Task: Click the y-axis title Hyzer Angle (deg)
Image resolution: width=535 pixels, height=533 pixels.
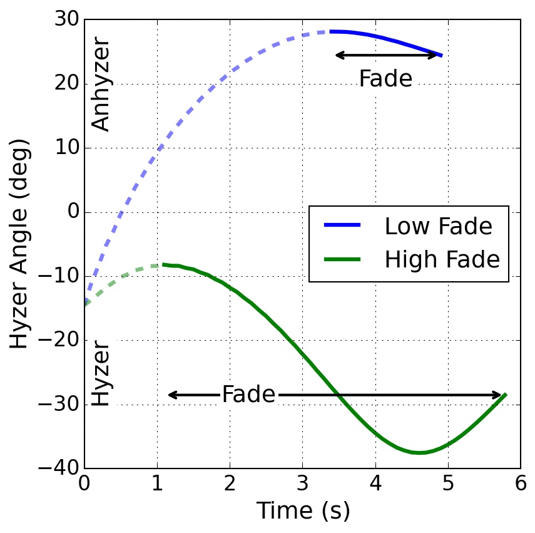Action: click(20, 244)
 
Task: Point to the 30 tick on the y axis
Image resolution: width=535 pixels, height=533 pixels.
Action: click(67, 20)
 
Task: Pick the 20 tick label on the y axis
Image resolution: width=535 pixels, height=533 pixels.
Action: click(67, 84)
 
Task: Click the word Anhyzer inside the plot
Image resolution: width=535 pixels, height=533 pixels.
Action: click(101, 86)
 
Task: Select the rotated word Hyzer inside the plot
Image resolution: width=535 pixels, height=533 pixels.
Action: click(101, 374)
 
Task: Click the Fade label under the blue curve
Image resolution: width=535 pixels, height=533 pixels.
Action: click(385, 79)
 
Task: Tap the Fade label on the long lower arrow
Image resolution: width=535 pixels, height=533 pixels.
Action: click(248, 395)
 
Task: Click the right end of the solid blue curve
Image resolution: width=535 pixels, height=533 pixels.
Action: click(442, 56)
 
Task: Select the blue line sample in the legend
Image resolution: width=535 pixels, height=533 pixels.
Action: click(342, 226)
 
